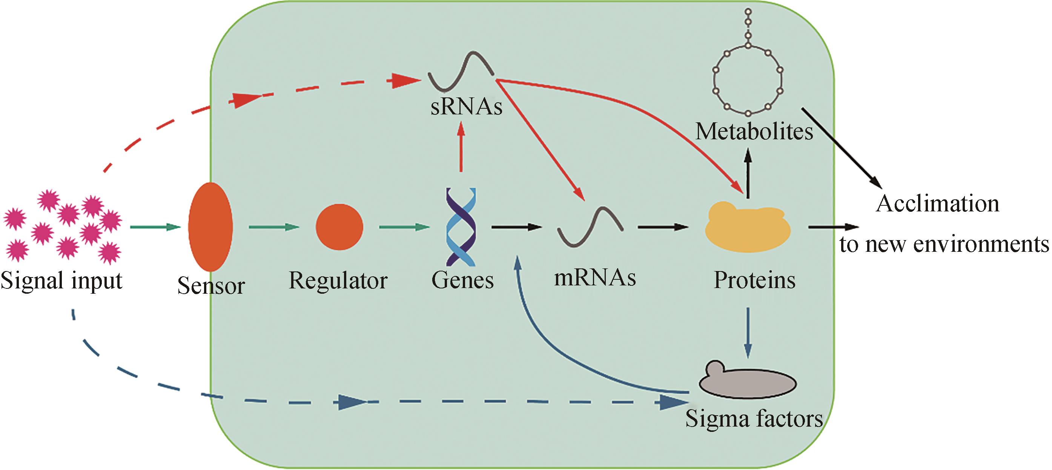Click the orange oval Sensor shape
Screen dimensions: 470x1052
(x=210, y=227)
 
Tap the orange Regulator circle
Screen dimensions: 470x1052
(x=339, y=227)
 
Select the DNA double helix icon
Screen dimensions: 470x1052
(x=461, y=227)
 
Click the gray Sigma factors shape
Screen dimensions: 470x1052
(x=747, y=382)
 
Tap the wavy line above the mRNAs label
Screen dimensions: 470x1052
(x=590, y=227)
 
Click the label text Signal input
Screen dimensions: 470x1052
(x=61, y=281)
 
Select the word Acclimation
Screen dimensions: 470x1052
(x=937, y=203)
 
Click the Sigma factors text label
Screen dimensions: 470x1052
(x=754, y=419)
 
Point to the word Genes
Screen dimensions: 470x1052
(x=462, y=281)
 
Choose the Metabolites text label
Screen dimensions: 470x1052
(x=754, y=132)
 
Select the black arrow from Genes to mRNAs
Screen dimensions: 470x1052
(x=517, y=227)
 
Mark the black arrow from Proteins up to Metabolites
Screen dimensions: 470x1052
(x=748, y=174)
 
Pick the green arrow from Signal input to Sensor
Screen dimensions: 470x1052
(x=155, y=227)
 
